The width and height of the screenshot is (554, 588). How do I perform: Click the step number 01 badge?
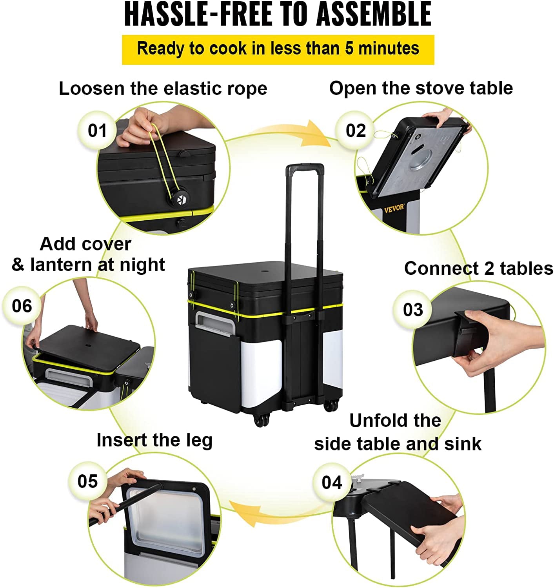(x=97, y=131)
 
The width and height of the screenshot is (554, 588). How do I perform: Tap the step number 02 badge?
(x=356, y=131)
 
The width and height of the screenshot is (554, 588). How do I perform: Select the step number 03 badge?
(x=413, y=309)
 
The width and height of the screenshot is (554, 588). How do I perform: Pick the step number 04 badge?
(x=332, y=482)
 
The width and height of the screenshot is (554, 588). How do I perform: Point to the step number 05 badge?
(x=87, y=481)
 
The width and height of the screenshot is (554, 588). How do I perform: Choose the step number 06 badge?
(x=22, y=305)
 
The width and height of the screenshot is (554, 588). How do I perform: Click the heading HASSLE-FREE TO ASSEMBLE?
(x=278, y=15)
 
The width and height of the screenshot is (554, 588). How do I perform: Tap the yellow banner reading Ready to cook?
(x=278, y=49)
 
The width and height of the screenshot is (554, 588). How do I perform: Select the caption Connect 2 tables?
(x=478, y=269)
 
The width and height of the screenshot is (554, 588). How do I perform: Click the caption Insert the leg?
(x=154, y=440)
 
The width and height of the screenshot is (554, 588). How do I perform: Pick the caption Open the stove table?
(x=421, y=88)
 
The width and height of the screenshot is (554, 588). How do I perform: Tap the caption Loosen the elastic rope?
(x=163, y=88)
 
